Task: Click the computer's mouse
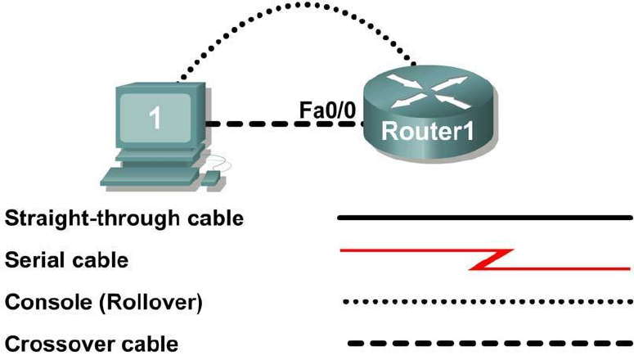212,176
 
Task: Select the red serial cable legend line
409,251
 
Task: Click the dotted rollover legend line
487,302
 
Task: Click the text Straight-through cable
124,219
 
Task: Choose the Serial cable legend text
66,261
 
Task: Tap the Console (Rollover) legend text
103,303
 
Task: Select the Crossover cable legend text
91,344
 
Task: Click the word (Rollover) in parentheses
152,303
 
